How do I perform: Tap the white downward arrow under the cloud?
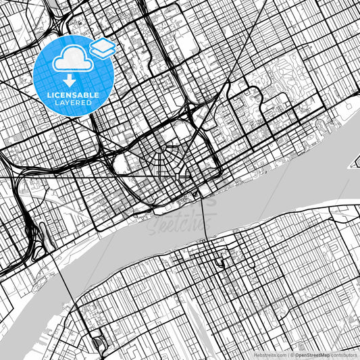[x=68, y=79]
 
